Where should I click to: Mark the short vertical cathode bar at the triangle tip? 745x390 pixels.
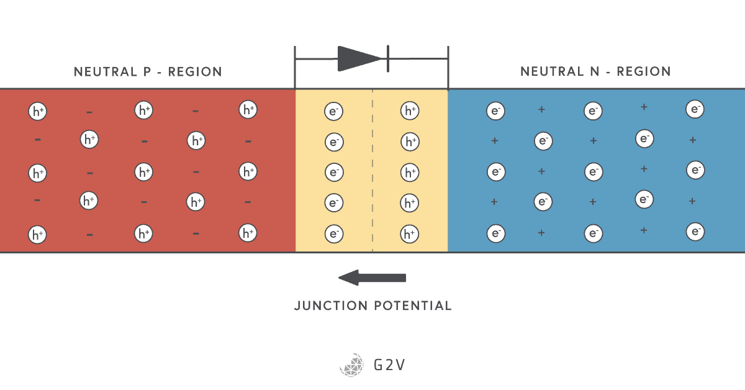coord(387,58)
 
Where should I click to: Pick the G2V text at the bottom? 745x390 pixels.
coord(389,365)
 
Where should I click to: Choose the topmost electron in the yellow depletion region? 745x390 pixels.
coord(334,111)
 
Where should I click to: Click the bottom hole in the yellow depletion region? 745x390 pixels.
coord(410,234)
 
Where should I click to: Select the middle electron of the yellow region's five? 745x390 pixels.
coord(334,172)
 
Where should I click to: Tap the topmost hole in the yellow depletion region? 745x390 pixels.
coord(410,111)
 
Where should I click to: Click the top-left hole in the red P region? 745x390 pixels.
coord(38,112)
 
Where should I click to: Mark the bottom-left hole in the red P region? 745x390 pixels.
coord(38,235)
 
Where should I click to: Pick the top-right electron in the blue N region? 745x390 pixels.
coord(695,109)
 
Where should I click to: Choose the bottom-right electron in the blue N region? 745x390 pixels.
coord(695,232)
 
